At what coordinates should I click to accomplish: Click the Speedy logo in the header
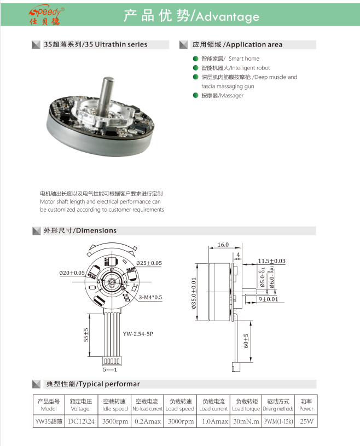click(x=48, y=16)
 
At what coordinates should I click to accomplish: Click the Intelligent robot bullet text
click(x=235, y=68)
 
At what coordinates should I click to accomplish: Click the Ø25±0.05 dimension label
click(x=149, y=263)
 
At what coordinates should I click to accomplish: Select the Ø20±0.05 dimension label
click(x=72, y=273)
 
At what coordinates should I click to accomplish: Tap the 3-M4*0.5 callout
click(x=150, y=298)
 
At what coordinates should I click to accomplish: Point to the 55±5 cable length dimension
click(x=85, y=335)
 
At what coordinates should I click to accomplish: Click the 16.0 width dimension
click(x=222, y=245)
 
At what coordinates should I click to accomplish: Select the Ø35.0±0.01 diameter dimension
click(x=194, y=293)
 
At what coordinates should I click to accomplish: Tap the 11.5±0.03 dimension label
click(x=271, y=261)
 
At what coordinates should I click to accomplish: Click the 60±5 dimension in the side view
click(x=246, y=341)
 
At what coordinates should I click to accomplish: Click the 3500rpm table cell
click(x=115, y=421)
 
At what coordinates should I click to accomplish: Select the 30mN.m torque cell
click(x=246, y=421)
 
